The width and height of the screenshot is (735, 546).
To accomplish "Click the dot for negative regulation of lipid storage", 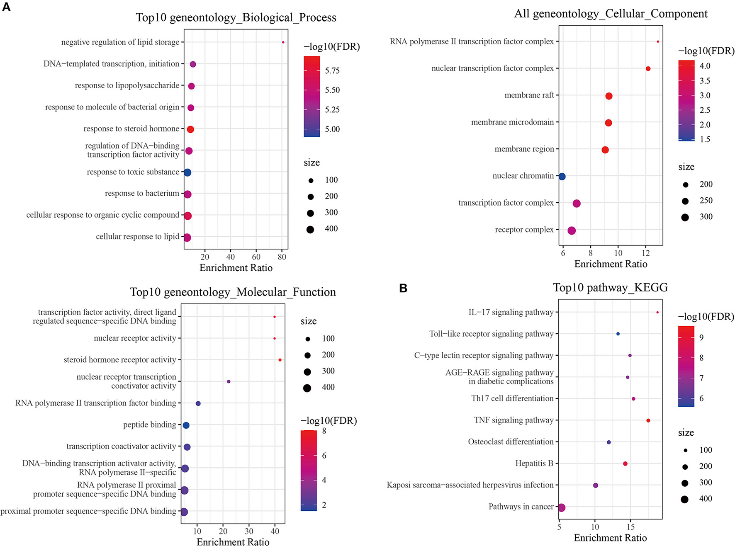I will point(283,42).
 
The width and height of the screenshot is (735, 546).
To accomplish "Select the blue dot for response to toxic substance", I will point(187,172).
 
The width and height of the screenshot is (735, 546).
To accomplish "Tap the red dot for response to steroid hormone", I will point(190,129).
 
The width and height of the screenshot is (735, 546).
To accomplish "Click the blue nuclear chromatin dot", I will point(562,177).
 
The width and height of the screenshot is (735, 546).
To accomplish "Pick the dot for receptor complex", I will point(572,231).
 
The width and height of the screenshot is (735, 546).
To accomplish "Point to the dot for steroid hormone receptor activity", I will point(280,360).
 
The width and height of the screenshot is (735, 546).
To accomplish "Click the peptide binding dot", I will point(186,425).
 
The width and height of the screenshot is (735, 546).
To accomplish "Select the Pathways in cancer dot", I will point(561,507).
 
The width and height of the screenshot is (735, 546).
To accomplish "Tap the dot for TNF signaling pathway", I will point(648,421).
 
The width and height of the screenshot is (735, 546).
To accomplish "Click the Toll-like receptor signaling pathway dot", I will point(618,334).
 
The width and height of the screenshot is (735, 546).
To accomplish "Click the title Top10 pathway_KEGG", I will point(610,287).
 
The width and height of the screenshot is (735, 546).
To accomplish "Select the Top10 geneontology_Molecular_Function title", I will point(233,292).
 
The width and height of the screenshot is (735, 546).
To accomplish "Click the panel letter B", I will point(403,288).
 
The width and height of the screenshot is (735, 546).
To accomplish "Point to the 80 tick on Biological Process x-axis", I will point(282,257).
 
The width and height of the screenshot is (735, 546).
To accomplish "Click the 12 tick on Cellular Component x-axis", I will point(645,253).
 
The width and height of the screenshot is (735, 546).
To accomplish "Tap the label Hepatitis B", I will point(534,463).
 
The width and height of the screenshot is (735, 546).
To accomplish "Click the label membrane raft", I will point(529,95).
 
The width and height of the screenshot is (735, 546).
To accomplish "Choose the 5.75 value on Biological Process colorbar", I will point(332,70).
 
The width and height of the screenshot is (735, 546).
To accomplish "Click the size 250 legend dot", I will point(685,201).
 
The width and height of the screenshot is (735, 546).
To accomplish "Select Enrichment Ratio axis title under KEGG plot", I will point(610,538).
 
